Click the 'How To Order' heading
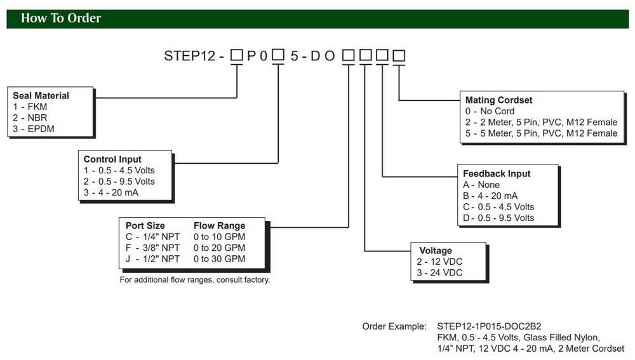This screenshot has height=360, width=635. (61, 18)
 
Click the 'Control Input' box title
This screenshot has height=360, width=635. (112, 159)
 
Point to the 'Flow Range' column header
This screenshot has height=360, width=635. (219, 225)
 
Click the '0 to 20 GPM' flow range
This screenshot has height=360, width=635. (219, 248)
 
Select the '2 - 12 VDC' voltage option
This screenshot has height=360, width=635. (439, 262)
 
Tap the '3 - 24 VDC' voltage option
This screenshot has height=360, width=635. (439, 273)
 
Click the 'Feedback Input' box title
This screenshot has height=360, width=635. (497, 173)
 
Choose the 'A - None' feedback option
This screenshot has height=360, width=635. (481, 185)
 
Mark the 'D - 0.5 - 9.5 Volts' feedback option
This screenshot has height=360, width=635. (498, 218)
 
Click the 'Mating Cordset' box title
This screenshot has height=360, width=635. (498, 100)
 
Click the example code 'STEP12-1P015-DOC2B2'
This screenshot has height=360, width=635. (489, 326)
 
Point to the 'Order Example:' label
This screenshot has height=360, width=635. (394, 326)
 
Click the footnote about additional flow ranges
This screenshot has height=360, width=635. (194, 280)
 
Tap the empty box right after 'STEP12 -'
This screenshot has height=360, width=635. (237, 55)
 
